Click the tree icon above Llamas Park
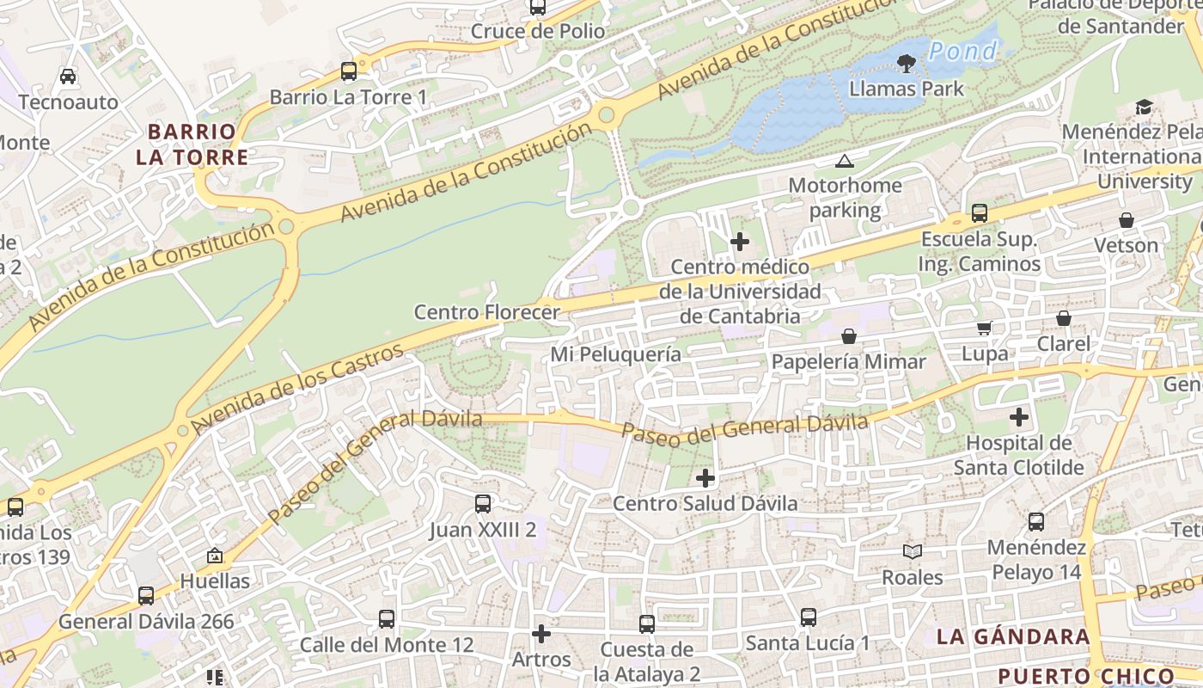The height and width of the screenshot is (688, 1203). pos(905,63)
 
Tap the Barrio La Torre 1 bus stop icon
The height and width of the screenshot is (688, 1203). pos(348,71)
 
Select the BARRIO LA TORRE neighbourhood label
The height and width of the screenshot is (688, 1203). pos(192,144)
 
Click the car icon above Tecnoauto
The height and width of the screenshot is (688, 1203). pos(68,77)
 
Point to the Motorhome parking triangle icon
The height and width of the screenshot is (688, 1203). pos(845,161)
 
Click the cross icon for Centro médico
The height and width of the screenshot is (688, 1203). pos(739,242)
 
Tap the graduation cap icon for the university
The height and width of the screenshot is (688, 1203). pos(1144,107)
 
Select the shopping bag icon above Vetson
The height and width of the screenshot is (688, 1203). pos(1126,220)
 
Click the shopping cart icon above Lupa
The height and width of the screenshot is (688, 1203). pos(984,328)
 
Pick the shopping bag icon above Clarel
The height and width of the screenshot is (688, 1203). pos(1063,318)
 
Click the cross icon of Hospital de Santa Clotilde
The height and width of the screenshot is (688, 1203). pos(1019,418)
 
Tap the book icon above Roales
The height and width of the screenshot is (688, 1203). pos(912,551)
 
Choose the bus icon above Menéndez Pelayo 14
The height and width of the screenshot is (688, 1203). pos(1036,521)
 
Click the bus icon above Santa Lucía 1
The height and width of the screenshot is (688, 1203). pos(808,617)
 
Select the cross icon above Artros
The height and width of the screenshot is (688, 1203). pos(540,634)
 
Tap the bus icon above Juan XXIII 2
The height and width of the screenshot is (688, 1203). pos(483,504)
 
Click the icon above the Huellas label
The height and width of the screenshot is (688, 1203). pos(214,556)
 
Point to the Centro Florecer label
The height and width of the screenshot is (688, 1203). pos(486,312)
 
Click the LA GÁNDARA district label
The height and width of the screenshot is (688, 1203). pos(1013,637)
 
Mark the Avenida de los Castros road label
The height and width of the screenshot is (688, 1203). pos(297,389)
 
